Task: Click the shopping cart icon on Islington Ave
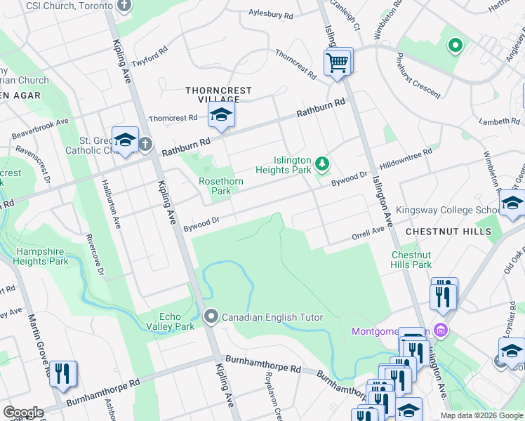pos(338,63)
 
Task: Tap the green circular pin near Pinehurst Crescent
pos(455,46)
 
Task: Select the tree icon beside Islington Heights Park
pos(322,164)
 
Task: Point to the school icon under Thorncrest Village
pos(221,116)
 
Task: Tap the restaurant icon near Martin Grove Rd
pos(63,374)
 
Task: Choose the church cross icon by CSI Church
pos(124,6)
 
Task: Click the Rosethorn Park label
pos(220,186)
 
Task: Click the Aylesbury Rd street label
pos(272,14)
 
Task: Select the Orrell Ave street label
pos(368,234)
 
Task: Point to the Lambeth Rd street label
pos(500,121)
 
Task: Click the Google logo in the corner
pos(23,413)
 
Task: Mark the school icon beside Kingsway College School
pos(512,204)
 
